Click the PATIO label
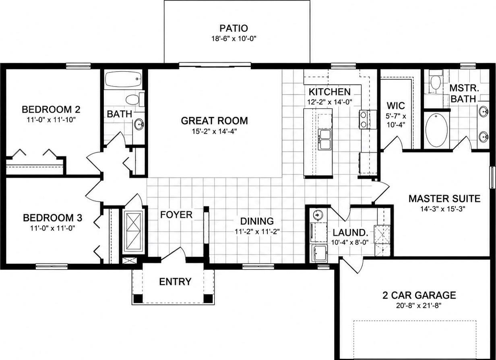pyautogui.click(x=234, y=28)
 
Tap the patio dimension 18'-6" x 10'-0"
pyautogui.click(x=234, y=39)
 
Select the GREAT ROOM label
pyautogui.click(x=214, y=121)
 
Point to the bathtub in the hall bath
pyautogui.click(x=123, y=79)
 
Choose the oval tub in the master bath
pyautogui.click(x=437, y=130)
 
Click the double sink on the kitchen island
pyautogui.click(x=324, y=140)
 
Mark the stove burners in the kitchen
pyautogui.click(x=363, y=120)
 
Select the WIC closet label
pyautogui.click(x=396, y=106)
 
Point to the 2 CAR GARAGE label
pyautogui.click(x=419, y=295)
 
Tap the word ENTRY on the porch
pyautogui.click(x=175, y=281)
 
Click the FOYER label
pyautogui.click(x=176, y=215)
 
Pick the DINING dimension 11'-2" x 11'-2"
pyautogui.click(x=257, y=232)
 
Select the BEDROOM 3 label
pyautogui.click(x=52, y=218)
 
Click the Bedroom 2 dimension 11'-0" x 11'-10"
pyautogui.click(x=51, y=120)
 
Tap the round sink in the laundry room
pyautogui.click(x=318, y=215)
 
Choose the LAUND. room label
pyautogui.click(x=350, y=233)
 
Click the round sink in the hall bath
pyautogui.click(x=138, y=124)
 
